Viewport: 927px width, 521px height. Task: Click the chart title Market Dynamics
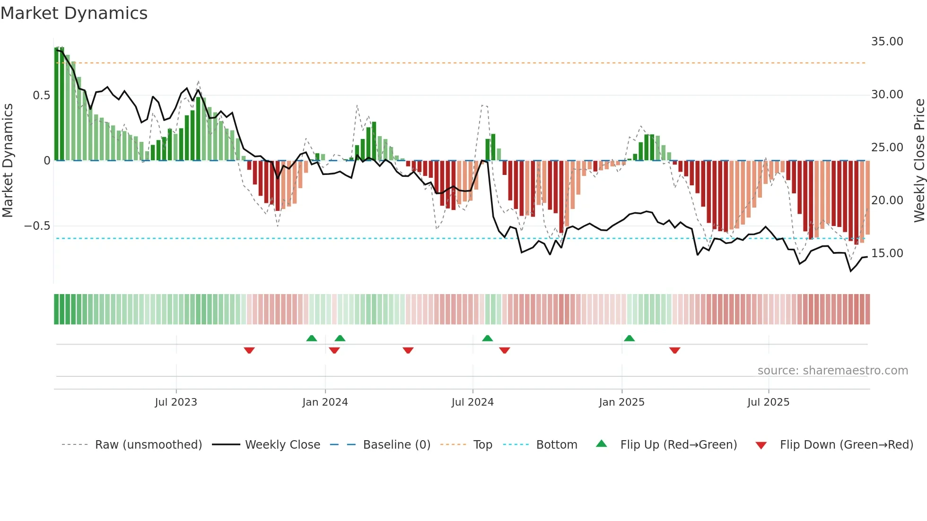(x=74, y=13)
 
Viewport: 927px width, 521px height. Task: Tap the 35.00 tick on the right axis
(x=887, y=42)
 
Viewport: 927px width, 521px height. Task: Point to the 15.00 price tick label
(x=887, y=253)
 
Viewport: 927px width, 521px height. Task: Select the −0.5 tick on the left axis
(x=37, y=226)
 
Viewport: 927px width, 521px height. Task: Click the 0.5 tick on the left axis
(x=41, y=96)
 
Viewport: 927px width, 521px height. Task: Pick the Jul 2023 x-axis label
(x=176, y=402)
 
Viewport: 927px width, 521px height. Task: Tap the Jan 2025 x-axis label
(x=621, y=402)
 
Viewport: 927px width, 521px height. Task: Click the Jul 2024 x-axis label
(x=472, y=402)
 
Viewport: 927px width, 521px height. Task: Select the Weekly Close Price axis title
(x=919, y=160)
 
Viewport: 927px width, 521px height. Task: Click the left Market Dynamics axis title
(x=8, y=160)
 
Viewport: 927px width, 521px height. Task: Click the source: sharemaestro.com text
(x=832, y=371)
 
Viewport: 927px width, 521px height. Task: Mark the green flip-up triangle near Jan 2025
(x=629, y=339)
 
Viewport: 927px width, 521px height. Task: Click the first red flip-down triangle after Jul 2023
(x=249, y=350)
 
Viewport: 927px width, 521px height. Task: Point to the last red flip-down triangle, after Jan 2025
(x=675, y=350)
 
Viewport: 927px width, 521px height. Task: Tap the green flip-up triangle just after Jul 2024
(x=488, y=339)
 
